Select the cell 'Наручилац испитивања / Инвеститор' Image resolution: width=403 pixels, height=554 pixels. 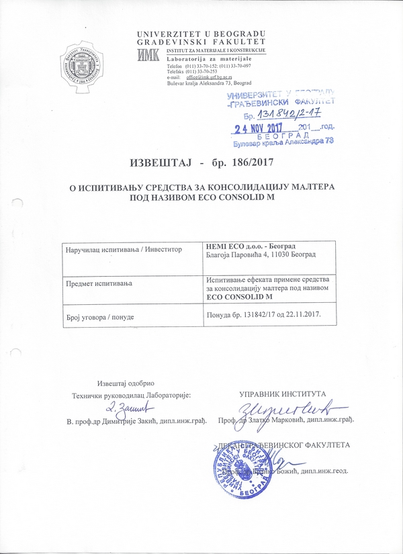[x=124, y=249]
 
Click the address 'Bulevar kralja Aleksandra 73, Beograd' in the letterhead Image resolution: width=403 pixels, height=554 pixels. [x=214, y=83]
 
